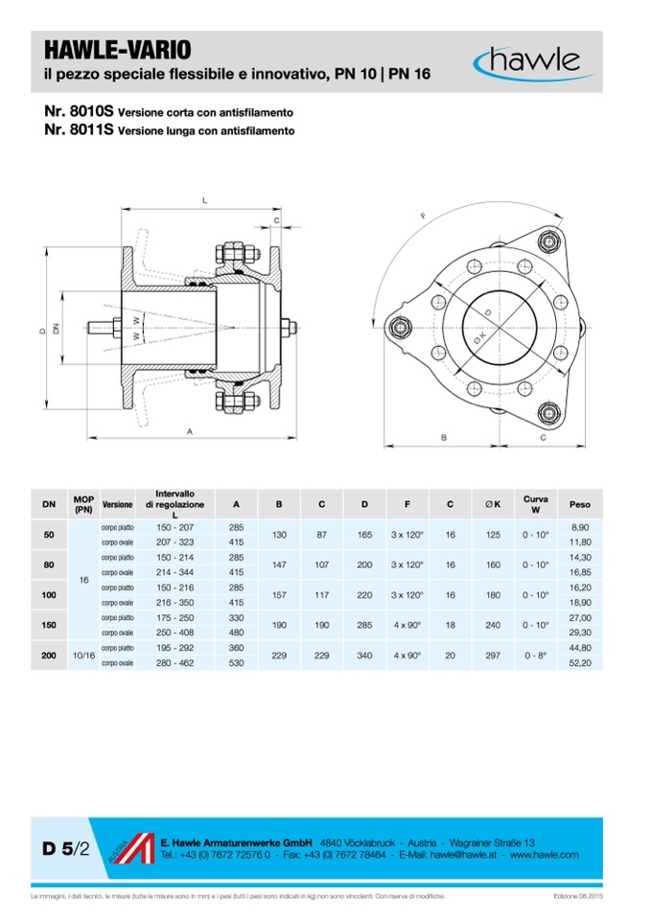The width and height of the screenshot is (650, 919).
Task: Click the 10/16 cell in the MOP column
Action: (x=82, y=656)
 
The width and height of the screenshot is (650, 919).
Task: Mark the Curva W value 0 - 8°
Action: (x=536, y=656)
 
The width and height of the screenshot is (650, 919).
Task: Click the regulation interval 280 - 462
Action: (x=175, y=663)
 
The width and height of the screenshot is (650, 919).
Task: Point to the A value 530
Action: (x=236, y=663)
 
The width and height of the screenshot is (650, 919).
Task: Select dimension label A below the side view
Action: (x=191, y=433)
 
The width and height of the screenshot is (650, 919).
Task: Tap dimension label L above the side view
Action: (x=205, y=200)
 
